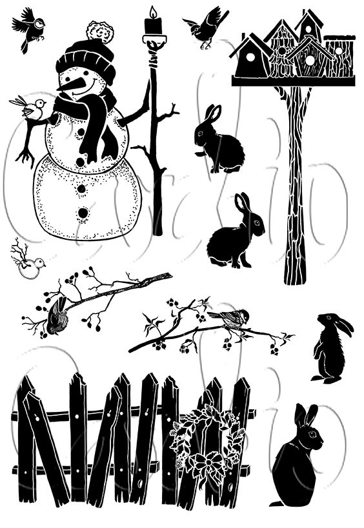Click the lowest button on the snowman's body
click(83, 212)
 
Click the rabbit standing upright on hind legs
click(330, 349)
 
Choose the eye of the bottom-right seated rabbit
click(311, 435)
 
